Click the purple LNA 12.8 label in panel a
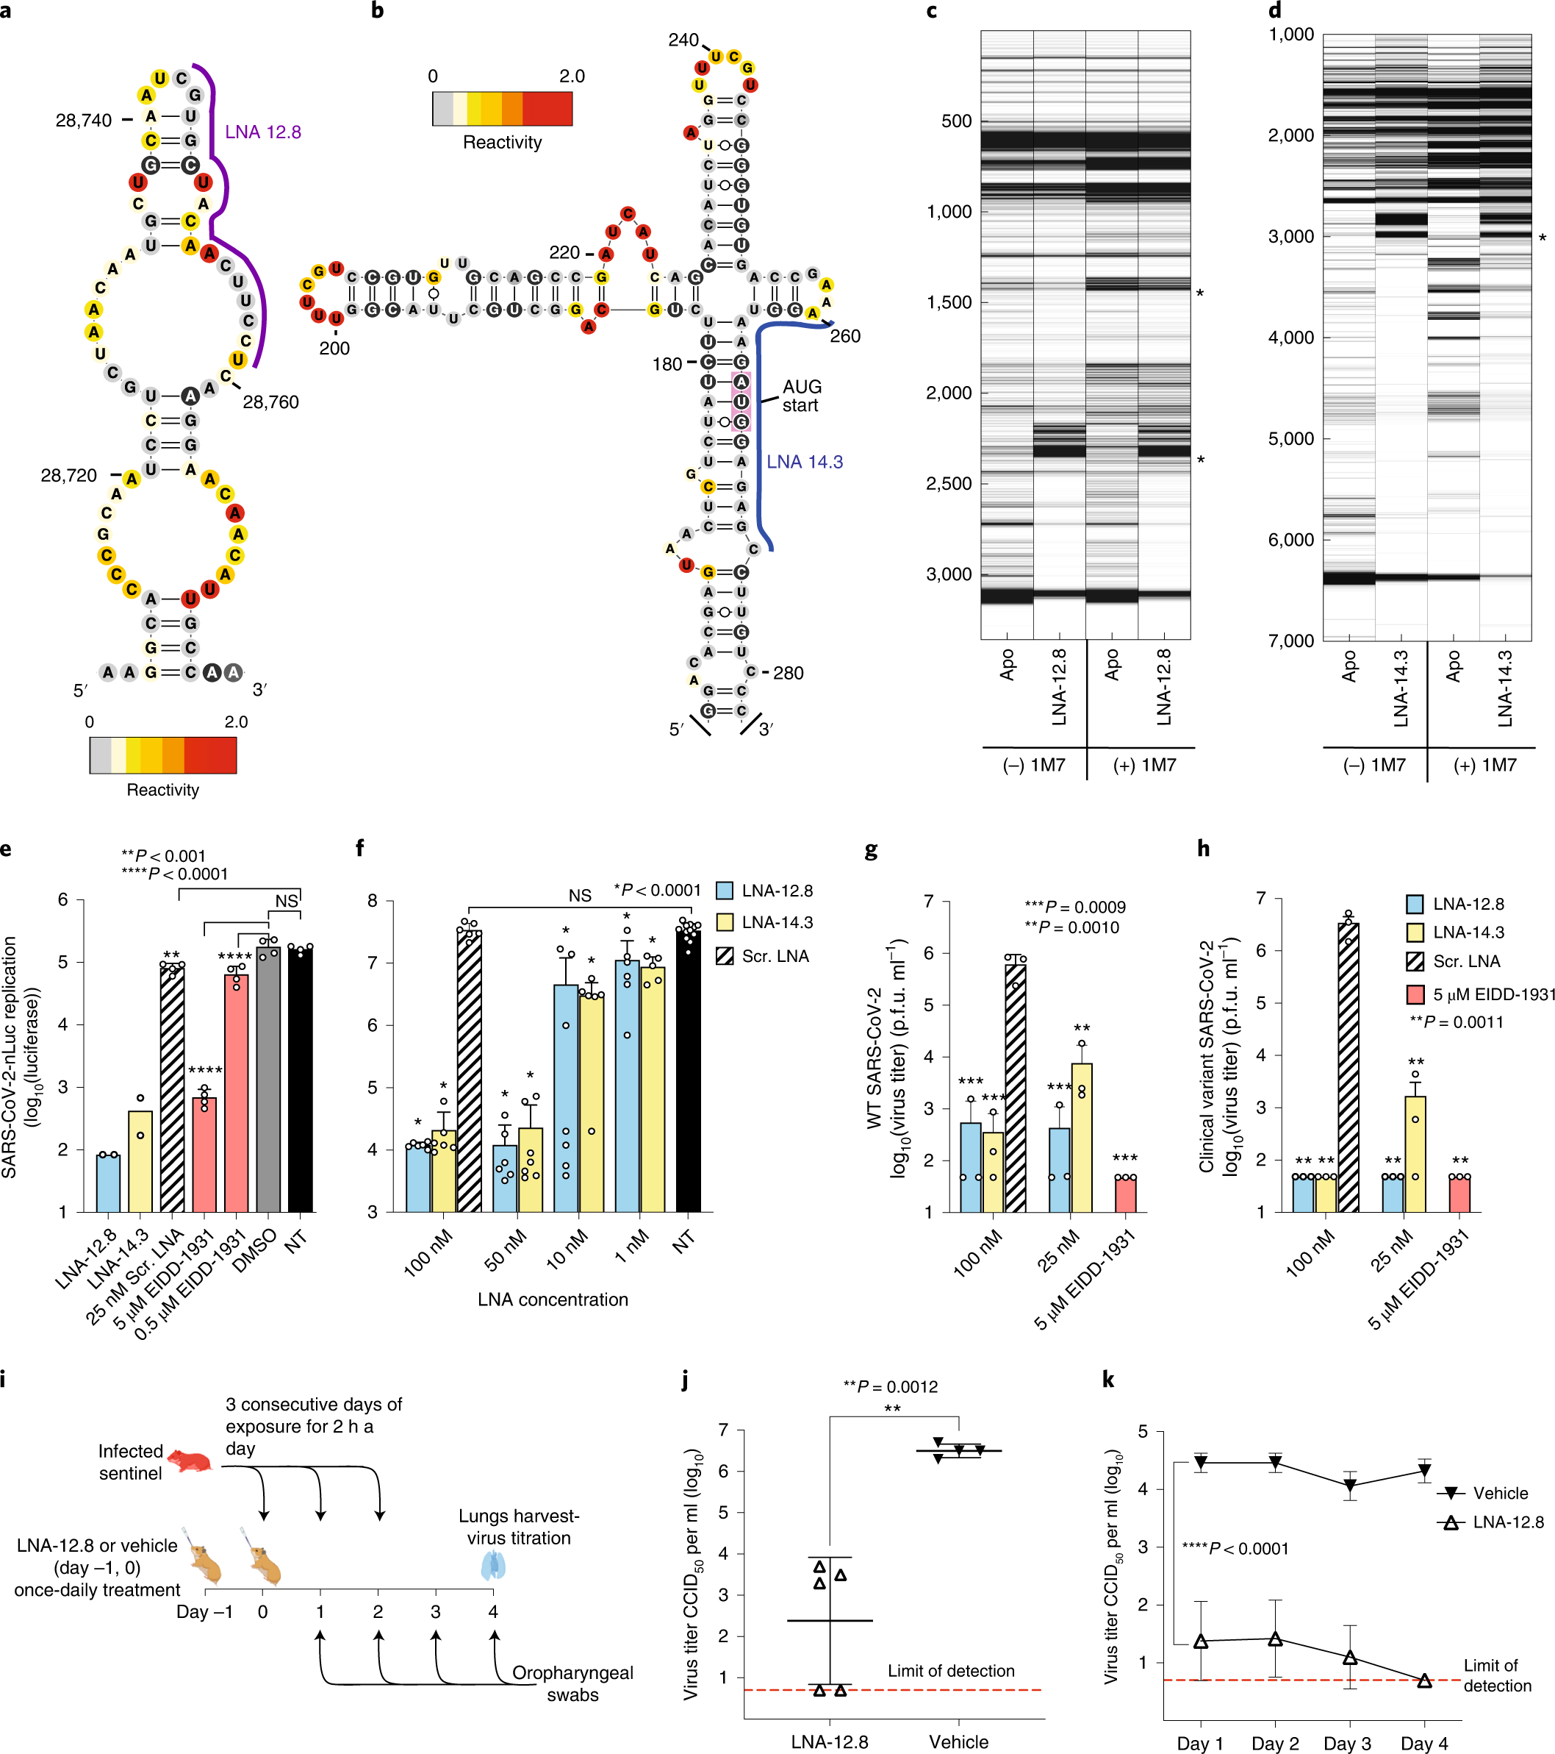click(262, 132)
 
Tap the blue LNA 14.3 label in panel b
click(804, 463)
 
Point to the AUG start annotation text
click(801, 396)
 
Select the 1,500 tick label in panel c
click(949, 303)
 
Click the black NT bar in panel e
click(300, 1079)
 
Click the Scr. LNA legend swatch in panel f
click(725, 956)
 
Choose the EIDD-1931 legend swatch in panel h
click(1415, 994)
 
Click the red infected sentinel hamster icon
click(190, 1460)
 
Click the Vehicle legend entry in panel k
click(1499, 1493)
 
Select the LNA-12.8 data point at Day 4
click(1425, 1681)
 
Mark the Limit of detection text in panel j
click(950, 1671)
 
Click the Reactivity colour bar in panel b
click(502, 109)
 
